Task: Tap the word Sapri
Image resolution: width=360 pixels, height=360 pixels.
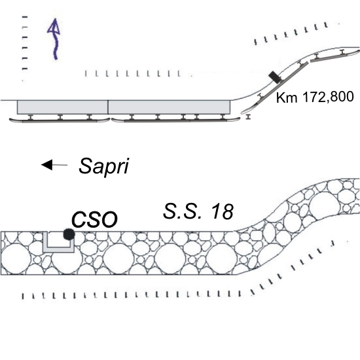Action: click(x=104, y=166)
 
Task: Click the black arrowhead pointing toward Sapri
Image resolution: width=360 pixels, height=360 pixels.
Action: click(x=47, y=164)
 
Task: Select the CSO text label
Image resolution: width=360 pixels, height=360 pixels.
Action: click(x=94, y=219)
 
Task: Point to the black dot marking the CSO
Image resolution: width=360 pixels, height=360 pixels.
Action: click(x=69, y=234)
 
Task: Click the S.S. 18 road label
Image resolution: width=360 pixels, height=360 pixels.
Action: click(x=198, y=211)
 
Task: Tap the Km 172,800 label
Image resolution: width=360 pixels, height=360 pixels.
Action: click(x=315, y=97)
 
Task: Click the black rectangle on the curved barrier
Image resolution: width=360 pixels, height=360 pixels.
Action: click(x=275, y=77)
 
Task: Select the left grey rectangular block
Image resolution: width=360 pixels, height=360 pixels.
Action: click(x=62, y=107)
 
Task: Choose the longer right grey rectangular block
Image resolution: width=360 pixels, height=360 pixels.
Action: click(x=170, y=107)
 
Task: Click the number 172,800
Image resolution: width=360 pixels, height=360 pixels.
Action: click(x=328, y=97)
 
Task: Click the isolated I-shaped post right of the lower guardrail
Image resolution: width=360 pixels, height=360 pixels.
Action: click(x=247, y=117)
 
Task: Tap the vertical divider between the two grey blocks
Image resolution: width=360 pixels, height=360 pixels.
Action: click(x=108, y=107)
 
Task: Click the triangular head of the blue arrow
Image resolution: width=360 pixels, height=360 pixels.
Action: click(x=54, y=26)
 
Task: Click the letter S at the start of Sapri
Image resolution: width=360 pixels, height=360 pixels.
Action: click(x=85, y=166)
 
